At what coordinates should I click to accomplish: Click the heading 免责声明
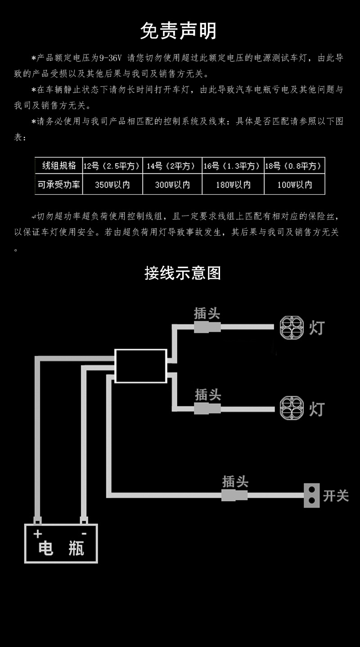(x=179, y=31)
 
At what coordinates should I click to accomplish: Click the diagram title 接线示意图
(x=183, y=273)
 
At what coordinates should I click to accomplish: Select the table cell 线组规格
(x=59, y=166)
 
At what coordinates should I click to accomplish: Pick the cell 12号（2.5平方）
(x=112, y=166)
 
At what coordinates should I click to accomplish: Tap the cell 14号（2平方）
(x=172, y=166)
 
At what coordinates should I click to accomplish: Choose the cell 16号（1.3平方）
(x=233, y=166)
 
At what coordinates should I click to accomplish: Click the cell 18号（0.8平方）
(x=294, y=166)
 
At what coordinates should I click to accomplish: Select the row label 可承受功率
(x=59, y=184)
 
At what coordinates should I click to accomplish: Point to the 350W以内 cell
(x=112, y=185)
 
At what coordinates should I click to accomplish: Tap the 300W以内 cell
(x=172, y=185)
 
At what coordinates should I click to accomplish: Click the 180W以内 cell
(x=233, y=185)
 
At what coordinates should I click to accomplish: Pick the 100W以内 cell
(x=294, y=185)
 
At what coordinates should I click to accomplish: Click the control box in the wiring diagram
(x=141, y=366)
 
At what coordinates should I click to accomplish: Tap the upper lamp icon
(x=291, y=328)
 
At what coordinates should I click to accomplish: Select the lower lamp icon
(x=291, y=408)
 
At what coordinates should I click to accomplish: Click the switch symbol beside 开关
(x=311, y=495)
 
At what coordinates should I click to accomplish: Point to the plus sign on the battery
(x=38, y=534)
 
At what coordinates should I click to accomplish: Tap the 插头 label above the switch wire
(x=235, y=481)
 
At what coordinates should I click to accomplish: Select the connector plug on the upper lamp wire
(x=207, y=327)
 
